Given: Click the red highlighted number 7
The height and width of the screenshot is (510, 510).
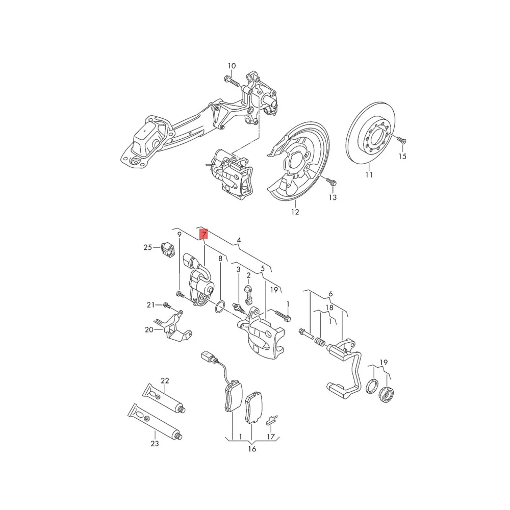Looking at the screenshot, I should [203, 235].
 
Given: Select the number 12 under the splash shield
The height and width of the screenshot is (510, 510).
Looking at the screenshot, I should [295, 212].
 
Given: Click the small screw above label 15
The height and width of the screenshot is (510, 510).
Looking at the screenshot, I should [400, 139].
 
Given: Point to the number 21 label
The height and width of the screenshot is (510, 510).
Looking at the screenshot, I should [150, 305].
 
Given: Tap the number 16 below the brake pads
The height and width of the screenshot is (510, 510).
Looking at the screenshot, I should [252, 449].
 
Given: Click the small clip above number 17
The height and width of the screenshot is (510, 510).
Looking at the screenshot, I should [272, 420].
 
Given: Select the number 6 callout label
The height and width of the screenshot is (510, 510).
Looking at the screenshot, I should [330, 294].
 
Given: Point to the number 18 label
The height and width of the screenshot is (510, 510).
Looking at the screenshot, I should [329, 308].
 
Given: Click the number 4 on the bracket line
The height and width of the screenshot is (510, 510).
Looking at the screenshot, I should [238, 240].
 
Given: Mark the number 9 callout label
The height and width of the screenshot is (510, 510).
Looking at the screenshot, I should [179, 234].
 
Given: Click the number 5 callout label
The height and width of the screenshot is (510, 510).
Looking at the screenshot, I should [263, 268].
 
